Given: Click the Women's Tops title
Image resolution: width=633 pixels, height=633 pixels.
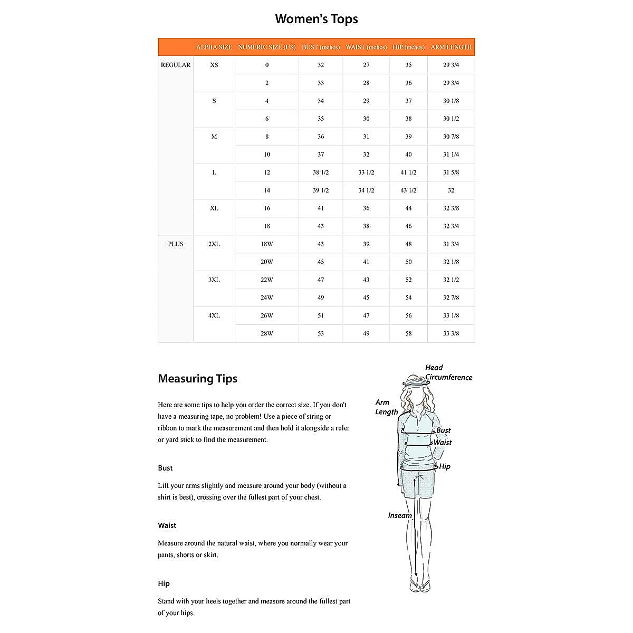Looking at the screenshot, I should click(316, 19).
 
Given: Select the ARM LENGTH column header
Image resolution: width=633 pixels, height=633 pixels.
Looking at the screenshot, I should click(451, 47).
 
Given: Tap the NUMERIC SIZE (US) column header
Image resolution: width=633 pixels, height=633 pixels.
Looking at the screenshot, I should click(267, 47).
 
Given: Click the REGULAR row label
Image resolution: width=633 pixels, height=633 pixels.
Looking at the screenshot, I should click(176, 65).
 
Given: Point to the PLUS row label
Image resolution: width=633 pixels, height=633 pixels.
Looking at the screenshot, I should click(176, 244).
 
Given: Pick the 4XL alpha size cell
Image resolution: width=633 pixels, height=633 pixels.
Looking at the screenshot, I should click(214, 315).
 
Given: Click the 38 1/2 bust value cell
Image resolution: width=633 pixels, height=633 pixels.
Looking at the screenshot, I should click(321, 172).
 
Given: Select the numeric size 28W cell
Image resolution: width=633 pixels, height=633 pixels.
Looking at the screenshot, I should click(267, 333).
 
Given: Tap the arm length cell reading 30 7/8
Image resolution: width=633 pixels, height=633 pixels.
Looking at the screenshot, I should click(451, 137).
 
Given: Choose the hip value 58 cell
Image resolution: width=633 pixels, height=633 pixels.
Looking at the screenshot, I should click(408, 333).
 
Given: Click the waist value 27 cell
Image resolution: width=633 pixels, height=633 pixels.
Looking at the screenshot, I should click(366, 65).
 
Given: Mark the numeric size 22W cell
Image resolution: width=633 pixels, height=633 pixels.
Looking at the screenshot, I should click(267, 280).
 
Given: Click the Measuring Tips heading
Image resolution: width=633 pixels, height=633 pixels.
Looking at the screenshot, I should click(198, 378).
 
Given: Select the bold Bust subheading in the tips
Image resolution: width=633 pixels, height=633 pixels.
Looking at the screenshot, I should click(165, 468).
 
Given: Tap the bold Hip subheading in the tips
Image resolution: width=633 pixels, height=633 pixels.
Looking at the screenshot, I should click(164, 583).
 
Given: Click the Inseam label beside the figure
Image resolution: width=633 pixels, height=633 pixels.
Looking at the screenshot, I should click(400, 515).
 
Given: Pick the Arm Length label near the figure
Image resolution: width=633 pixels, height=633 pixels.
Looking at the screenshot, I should click(386, 407).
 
